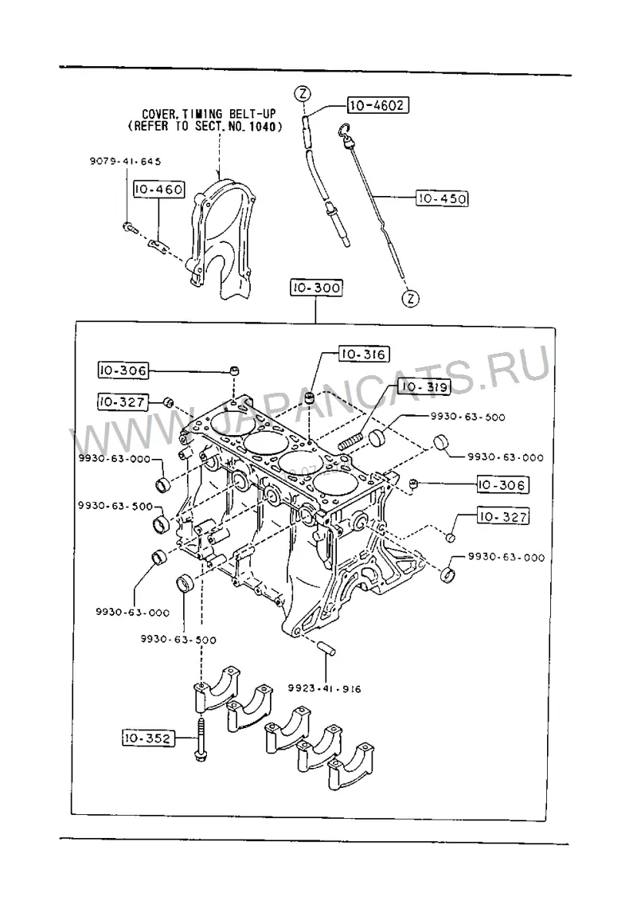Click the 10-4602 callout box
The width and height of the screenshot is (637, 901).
378,105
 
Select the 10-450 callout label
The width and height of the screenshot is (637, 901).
442,199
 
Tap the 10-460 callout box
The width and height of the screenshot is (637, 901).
159,189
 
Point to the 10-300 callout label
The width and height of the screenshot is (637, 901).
316,288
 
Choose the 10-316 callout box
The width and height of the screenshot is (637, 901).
363,355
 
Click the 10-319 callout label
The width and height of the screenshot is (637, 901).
424,386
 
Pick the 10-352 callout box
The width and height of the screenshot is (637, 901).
147,738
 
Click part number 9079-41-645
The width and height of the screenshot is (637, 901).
125,162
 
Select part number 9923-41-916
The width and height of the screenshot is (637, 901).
325,688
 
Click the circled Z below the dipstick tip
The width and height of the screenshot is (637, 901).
410,298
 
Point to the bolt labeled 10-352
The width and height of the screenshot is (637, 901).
201,738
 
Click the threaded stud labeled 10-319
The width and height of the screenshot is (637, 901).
350,442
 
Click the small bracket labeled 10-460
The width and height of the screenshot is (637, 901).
158,246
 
